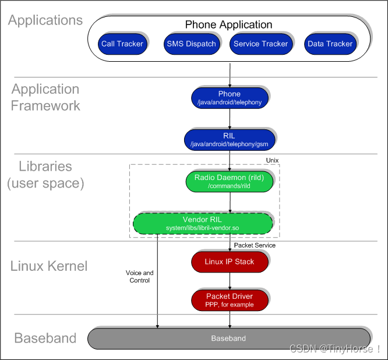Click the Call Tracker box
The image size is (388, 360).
click(122, 44)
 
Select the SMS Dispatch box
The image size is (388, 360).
click(191, 44)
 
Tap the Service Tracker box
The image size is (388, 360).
click(260, 44)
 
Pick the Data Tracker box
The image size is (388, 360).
click(330, 44)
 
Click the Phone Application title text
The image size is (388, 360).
click(228, 24)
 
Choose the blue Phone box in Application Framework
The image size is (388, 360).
click(229, 97)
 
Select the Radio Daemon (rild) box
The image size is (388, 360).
click(229, 181)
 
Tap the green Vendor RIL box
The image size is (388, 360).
click(203, 223)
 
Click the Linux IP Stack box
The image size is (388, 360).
click(229, 262)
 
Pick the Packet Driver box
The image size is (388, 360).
click(229, 299)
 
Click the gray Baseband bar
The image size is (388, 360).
click(228, 338)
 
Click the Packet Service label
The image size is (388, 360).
click(255, 245)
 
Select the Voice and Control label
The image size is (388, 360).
click(140, 276)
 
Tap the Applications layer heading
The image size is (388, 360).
click(45, 20)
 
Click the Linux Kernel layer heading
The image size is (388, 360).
click(49, 266)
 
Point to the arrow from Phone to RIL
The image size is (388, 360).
click(230, 118)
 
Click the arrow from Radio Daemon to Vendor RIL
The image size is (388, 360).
click(230, 202)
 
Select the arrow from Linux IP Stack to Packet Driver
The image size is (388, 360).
click(230, 281)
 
